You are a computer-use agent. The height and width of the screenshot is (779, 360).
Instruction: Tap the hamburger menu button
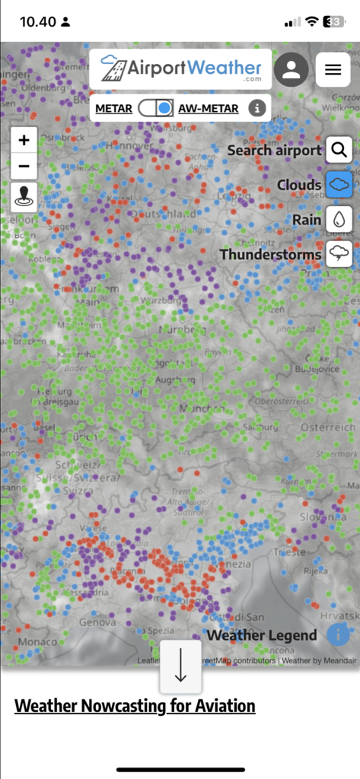333,70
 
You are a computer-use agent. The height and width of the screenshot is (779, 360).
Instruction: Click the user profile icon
291,70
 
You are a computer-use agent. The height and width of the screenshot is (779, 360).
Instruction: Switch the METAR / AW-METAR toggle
156,108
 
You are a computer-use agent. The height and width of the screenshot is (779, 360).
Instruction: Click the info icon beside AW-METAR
258,108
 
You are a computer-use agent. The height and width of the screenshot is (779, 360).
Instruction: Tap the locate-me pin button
24,196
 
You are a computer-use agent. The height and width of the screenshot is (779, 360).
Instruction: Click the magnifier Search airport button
339,150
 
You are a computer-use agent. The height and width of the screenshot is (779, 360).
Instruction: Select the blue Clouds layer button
339,185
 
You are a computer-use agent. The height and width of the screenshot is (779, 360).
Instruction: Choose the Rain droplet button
339,219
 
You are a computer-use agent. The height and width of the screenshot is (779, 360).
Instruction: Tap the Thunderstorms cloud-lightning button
339,254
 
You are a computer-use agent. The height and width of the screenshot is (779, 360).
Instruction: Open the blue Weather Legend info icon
338,634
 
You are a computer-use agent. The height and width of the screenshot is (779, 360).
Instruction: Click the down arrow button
180,666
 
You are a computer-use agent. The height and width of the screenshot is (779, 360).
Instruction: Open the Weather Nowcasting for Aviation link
135,706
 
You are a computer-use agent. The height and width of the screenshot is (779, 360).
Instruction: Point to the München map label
199,409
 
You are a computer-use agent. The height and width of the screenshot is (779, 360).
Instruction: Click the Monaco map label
37,641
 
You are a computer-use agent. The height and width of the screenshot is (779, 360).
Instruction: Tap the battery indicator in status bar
334,21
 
